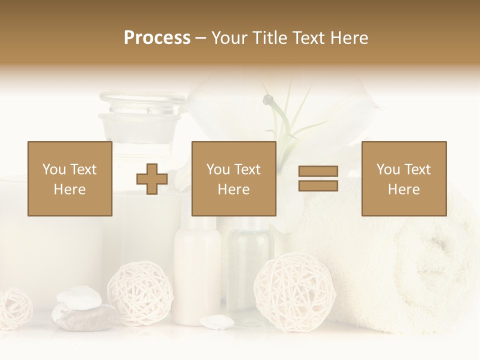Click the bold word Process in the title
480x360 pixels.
click(157, 38)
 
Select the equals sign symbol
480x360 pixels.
click(318, 178)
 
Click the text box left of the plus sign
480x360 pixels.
click(70, 178)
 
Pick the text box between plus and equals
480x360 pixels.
click(233, 178)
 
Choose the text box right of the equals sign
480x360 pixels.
click(403, 178)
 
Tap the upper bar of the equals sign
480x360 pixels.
click(318, 171)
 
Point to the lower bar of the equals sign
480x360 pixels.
click(318, 185)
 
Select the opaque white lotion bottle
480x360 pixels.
click(197, 270)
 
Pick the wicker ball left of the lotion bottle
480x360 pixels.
click(140, 292)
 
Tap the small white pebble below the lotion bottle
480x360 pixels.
click(216, 322)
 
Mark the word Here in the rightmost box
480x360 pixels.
click(403, 189)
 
